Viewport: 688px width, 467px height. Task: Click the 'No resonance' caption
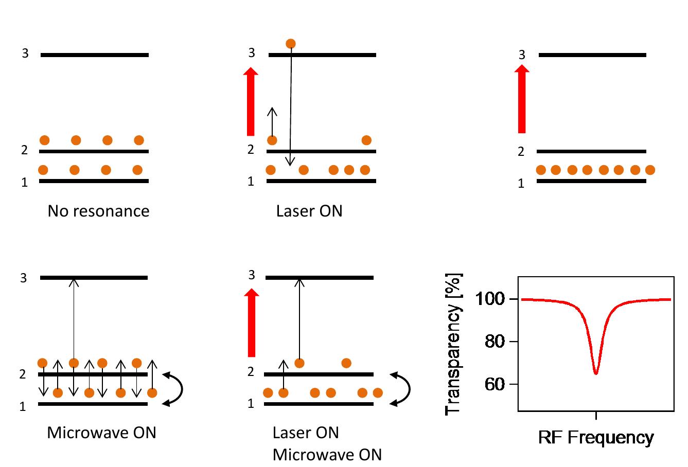[x=98, y=211]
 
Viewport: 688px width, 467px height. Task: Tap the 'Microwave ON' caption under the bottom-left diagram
[x=101, y=433]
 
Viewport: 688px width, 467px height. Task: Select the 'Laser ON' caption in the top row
[x=309, y=211]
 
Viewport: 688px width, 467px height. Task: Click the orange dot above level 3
[x=291, y=44]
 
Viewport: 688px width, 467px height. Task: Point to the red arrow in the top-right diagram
[x=522, y=100]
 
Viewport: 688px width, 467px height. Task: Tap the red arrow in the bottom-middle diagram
[x=251, y=322]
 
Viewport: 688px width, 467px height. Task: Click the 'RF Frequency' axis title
[x=596, y=438]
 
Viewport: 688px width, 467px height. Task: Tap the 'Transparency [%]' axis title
[x=453, y=344]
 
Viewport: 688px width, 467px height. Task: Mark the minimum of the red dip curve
[x=595, y=373]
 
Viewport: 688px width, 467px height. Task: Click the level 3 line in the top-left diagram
[x=95, y=55]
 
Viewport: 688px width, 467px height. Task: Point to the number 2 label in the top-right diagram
[x=521, y=152]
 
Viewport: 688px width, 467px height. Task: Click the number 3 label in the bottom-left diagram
[x=23, y=278]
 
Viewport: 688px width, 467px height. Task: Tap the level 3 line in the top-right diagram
[x=592, y=55]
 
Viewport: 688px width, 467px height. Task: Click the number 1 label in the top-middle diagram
[x=251, y=182]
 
